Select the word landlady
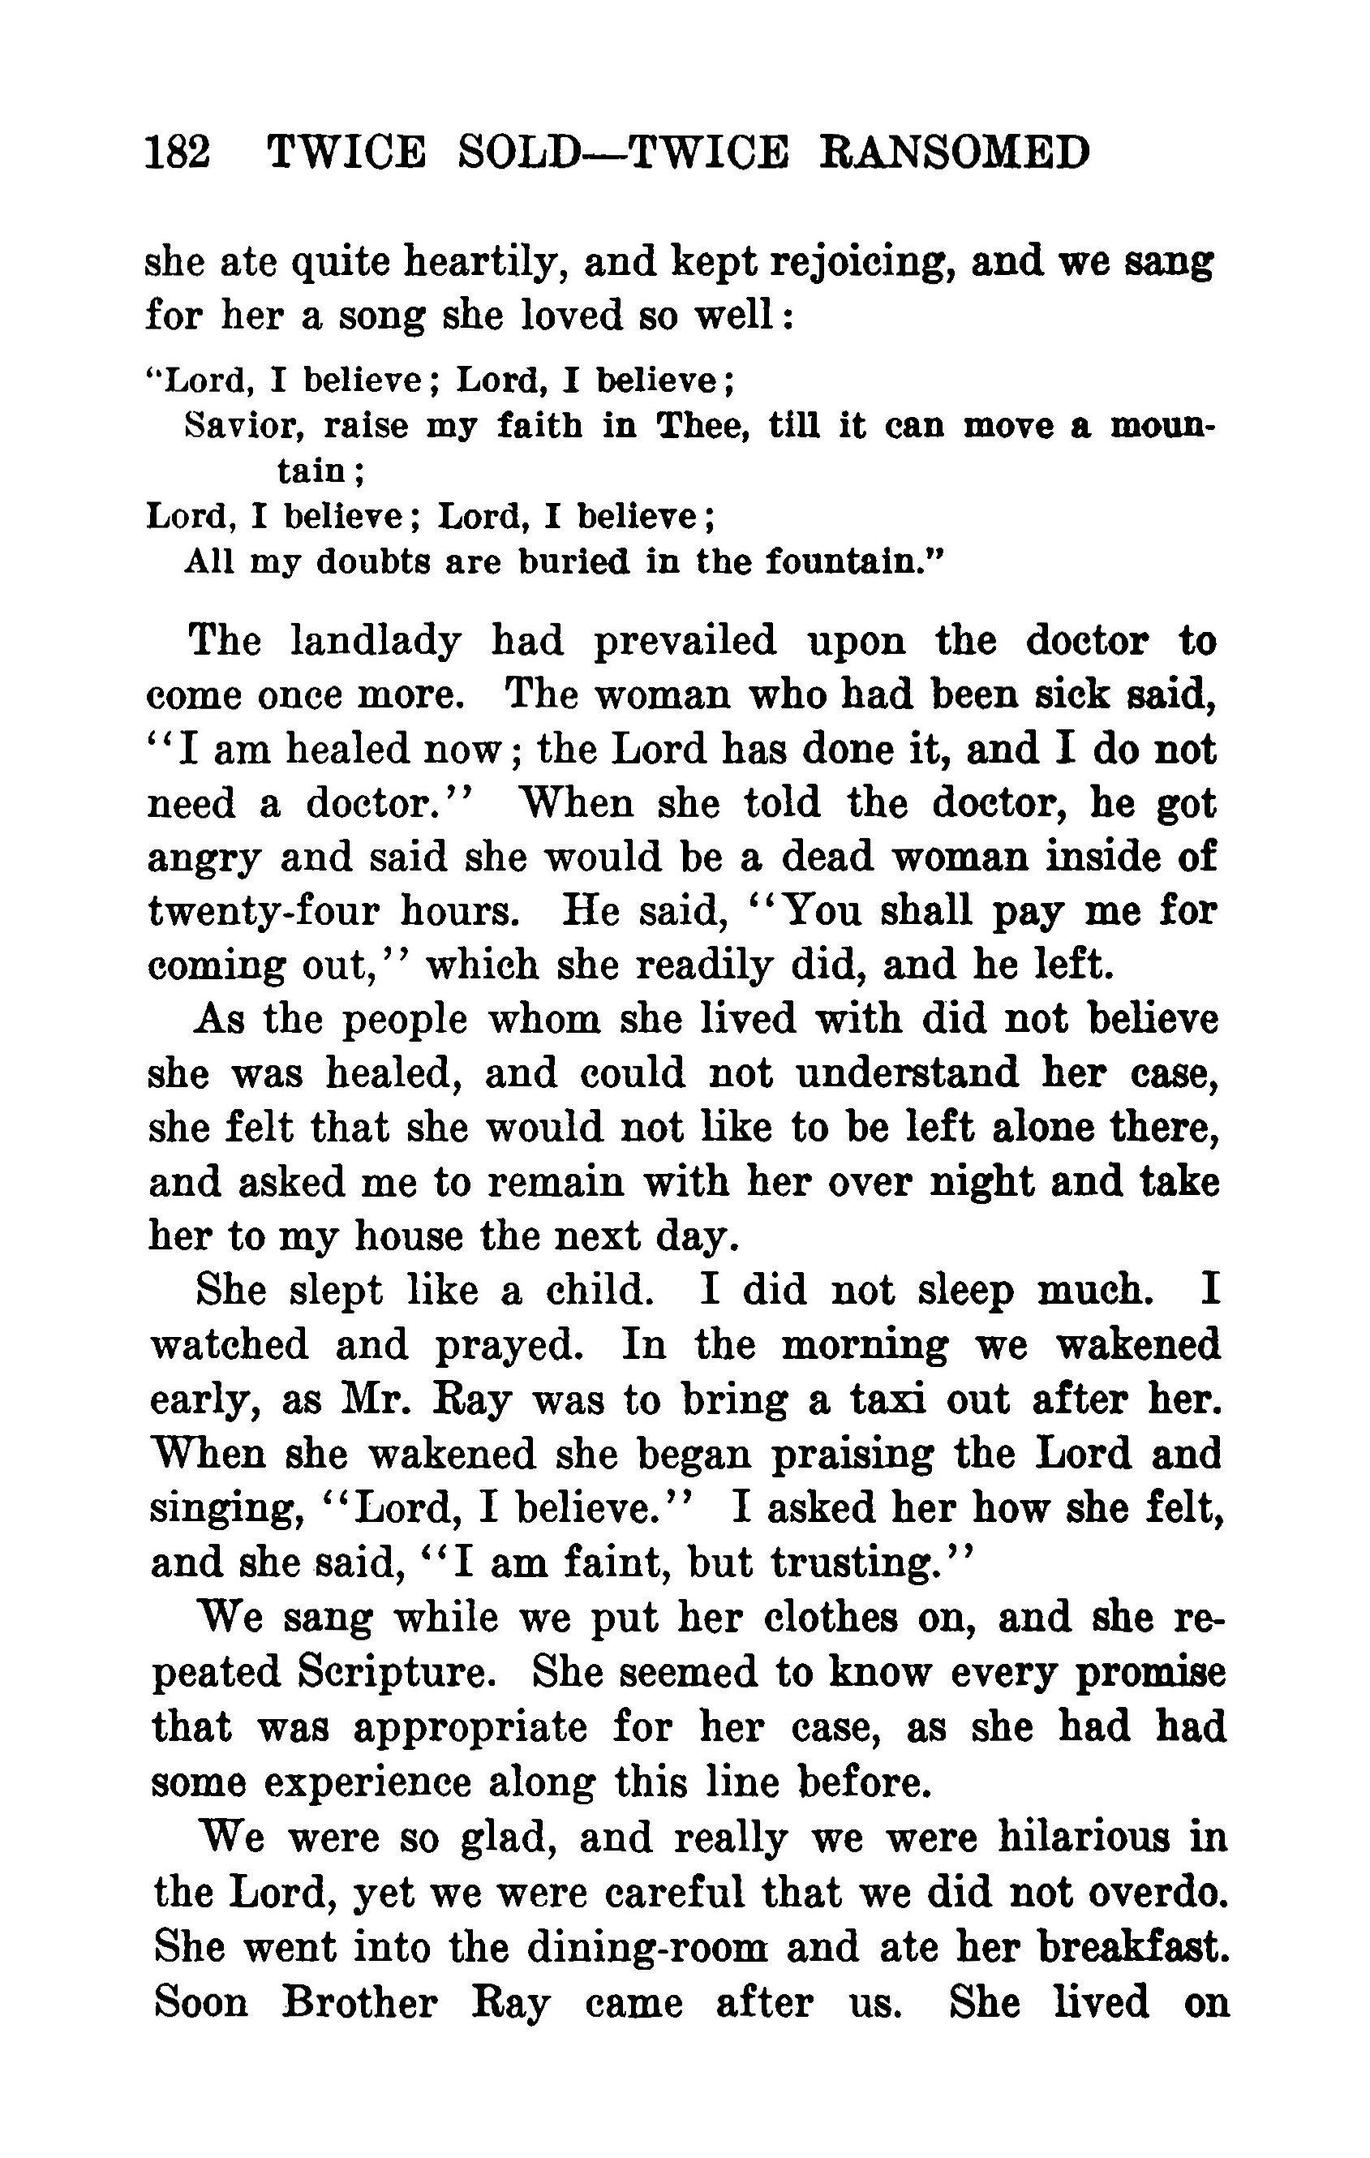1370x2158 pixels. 376,641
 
